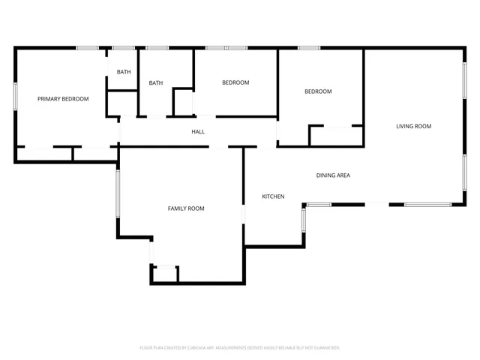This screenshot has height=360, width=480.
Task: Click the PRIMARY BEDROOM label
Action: (63, 99)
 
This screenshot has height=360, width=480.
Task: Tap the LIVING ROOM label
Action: (413, 126)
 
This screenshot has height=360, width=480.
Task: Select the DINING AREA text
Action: (333, 175)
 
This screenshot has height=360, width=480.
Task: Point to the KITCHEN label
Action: (272, 196)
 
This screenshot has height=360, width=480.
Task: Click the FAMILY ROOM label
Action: (185, 208)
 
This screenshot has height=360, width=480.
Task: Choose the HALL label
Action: (198, 132)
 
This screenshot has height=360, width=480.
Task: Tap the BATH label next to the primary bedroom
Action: (124, 72)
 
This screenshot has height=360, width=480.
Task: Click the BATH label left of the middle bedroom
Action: (156, 83)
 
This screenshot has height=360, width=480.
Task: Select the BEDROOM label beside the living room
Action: (317, 91)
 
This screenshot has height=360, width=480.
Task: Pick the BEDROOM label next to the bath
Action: (235, 82)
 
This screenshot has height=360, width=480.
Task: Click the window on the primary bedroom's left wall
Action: (15, 97)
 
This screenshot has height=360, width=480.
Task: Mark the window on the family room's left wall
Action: (117, 193)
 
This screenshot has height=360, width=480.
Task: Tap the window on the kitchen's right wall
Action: (304, 219)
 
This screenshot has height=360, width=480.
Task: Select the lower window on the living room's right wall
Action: (465, 172)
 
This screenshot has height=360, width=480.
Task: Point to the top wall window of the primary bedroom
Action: (87, 49)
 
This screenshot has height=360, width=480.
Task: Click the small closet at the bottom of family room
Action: (165, 274)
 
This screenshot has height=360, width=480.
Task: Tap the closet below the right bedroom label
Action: (336, 136)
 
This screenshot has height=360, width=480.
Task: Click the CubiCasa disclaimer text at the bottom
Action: (240, 348)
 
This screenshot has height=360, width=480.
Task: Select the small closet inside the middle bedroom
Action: (184, 102)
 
